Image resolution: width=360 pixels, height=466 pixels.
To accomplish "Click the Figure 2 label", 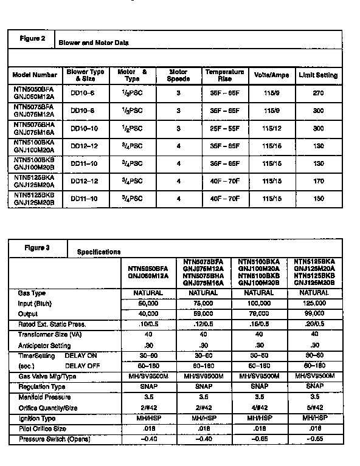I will pyautogui.click(x=35, y=39).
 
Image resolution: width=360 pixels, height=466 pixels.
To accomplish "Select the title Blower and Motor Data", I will pyautogui.click(x=93, y=43).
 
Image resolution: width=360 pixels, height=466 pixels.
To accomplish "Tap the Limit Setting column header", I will pyautogui.click(x=317, y=75).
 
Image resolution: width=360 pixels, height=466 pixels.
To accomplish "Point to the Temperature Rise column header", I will pyautogui.click(x=224, y=75).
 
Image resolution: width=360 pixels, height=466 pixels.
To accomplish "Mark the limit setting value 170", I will pyautogui.click(x=317, y=180).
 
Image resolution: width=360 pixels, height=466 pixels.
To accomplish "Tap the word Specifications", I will pyautogui.click(x=99, y=252).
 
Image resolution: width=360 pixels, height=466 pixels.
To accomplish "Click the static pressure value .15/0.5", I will pyautogui.click(x=256, y=324).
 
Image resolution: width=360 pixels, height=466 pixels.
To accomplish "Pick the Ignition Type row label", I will pyautogui.click(x=36, y=419).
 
